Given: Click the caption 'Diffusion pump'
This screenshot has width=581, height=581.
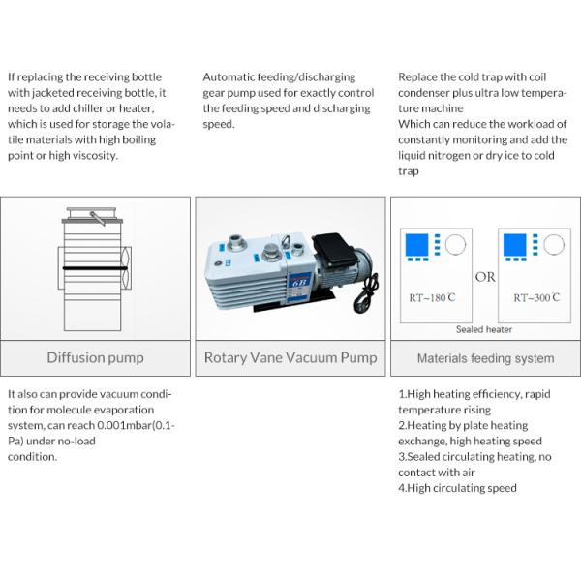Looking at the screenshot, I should (95, 358).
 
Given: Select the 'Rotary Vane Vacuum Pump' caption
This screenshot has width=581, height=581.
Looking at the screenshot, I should (290, 358).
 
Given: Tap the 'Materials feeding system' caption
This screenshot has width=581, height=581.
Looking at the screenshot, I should (485, 358).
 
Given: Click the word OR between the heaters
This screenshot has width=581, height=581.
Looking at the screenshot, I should (485, 277).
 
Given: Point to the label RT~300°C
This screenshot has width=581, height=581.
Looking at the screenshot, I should (536, 298).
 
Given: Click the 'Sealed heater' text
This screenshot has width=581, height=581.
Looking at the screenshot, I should (484, 329).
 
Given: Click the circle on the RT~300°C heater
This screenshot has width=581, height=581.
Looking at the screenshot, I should (554, 244).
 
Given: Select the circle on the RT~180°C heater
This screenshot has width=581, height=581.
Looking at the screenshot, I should (453, 244).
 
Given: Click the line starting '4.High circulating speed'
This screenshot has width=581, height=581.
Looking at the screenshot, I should (457, 488).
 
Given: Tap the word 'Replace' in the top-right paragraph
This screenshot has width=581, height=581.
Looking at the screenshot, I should (417, 76).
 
